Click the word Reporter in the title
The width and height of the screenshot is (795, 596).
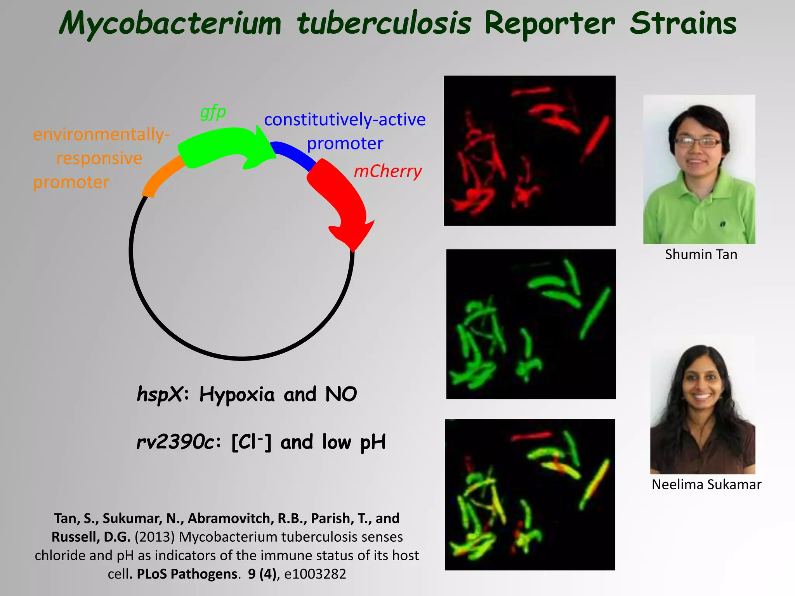tap(549, 24)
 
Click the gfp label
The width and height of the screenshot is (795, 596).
tap(213, 113)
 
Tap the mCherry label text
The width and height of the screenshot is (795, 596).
tap(387, 171)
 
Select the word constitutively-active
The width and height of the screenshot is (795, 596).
tap(345, 120)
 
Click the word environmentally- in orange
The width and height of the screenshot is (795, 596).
tap(101, 135)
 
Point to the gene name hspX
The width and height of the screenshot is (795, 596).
tap(160, 395)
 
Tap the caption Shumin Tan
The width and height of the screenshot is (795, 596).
tap(701, 255)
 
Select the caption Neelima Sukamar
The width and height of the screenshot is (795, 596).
tap(706, 485)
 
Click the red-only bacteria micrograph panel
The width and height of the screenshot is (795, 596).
tap(529, 151)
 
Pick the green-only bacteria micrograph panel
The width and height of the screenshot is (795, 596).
tap(531, 324)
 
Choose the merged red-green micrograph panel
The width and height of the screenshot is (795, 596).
tap(530, 494)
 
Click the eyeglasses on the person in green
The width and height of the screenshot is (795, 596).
tap(698, 142)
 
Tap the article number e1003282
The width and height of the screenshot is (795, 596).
tap(315, 574)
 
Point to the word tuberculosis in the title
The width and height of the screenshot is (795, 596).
tap(384, 24)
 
